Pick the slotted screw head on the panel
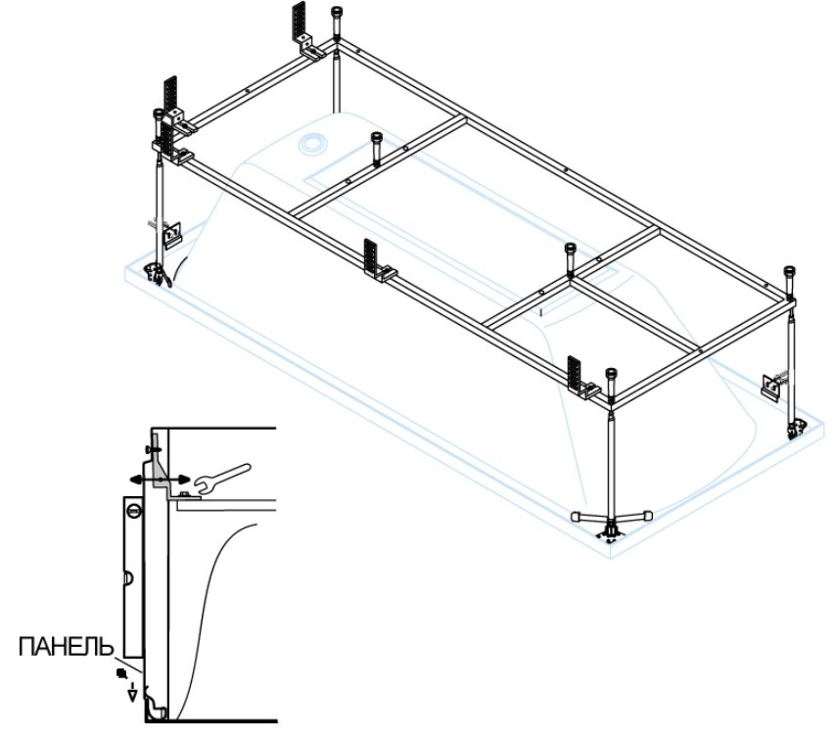(134, 511)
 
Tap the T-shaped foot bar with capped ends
(610, 515)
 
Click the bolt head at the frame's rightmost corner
(790, 277)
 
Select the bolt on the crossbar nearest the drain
(376, 145)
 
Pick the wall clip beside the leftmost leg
(174, 235)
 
